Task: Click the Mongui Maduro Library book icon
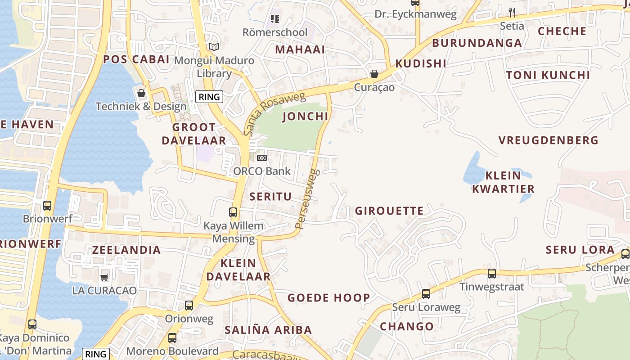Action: (214, 47)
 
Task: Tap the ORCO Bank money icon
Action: (261, 158)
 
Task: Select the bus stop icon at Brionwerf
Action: (47, 206)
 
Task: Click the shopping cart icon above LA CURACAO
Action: (104, 277)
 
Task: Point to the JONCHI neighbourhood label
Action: (305, 117)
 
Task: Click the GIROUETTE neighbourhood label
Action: (389, 211)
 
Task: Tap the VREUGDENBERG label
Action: (549, 140)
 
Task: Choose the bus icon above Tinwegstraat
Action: (492, 273)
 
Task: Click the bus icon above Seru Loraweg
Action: (426, 294)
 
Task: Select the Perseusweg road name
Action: (307, 198)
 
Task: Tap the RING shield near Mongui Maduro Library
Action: (209, 96)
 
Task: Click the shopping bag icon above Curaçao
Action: (374, 73)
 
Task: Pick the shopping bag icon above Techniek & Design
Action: (141, 93)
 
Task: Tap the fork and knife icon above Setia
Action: (512, 12)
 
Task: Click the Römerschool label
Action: (275, 32)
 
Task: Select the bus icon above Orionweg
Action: (189, 306)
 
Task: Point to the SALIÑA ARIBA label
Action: (268, 330)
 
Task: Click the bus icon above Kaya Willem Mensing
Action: (233, 212)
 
